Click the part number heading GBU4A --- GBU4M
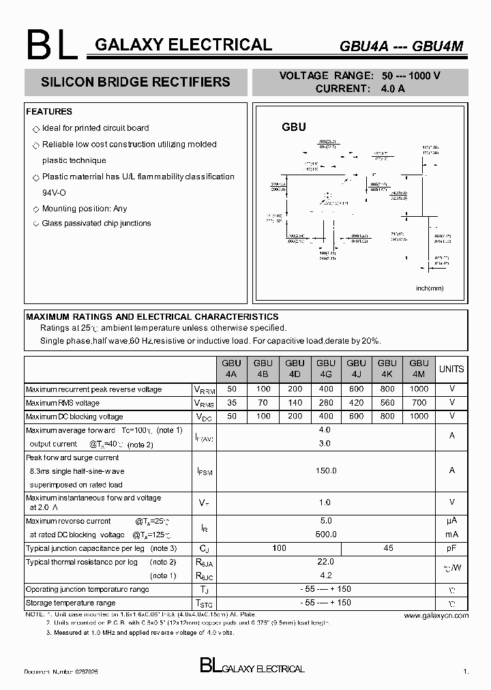point(402,46)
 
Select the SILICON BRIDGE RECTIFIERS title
point(136,82)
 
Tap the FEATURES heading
point(49,112)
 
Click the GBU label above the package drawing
point(294,127)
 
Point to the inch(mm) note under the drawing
point(430,288)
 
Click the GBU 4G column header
point(326,369)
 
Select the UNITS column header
point(451,369)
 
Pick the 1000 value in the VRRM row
point(419,389)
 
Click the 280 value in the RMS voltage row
point(326,403)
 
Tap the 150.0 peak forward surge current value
point(325,470)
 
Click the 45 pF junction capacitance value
point(388,548)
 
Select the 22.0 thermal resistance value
point(325,562)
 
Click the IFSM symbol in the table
point(204,471)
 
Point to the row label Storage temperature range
point(71,603)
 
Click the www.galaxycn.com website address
point(436,615)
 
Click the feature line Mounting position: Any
point(85,209)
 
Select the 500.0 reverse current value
point(325,535)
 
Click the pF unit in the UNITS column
point(451,548)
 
